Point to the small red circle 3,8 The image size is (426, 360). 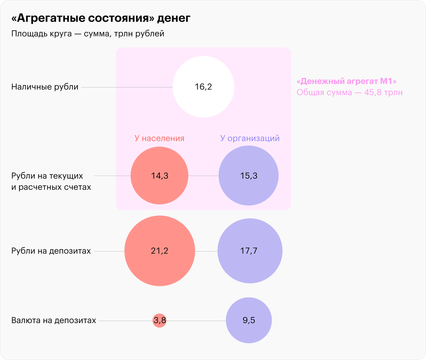(159, 321)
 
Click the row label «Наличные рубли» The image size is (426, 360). (45, 87)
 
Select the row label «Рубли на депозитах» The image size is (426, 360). (51, 251)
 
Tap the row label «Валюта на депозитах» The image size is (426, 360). (54, 321)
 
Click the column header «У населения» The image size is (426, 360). (159, 138)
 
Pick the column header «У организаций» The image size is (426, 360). (250, 138)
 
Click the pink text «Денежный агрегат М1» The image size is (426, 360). (346, 82)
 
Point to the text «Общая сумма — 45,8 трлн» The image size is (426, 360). (350, 93)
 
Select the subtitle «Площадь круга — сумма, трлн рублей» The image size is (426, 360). (88, 34)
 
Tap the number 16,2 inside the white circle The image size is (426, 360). (203, 87)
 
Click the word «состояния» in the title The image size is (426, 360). (118, 18)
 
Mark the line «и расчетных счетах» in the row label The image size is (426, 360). (51, 187)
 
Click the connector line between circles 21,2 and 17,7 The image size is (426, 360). (206, 251)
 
